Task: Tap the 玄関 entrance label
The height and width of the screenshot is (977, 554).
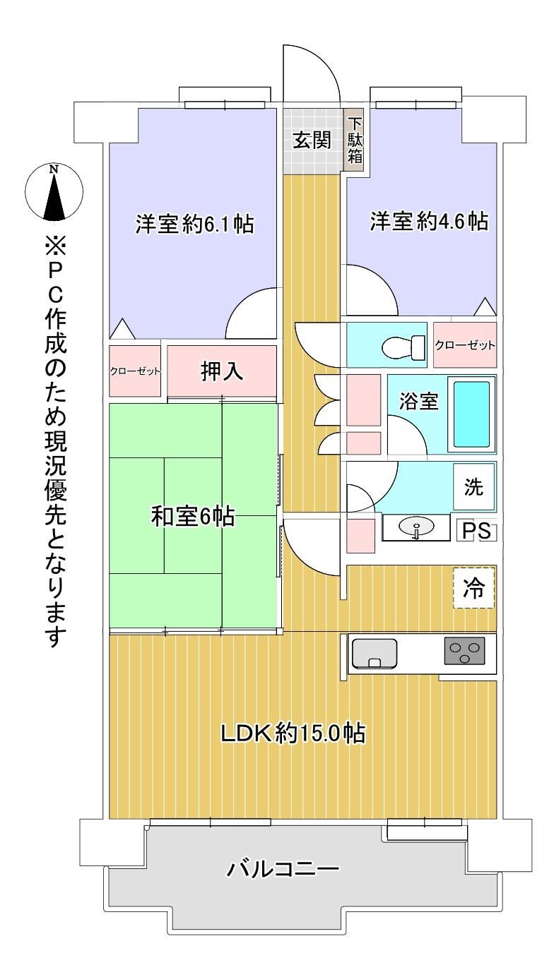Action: [311, 140]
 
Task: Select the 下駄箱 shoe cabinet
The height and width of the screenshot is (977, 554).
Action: [355, 140]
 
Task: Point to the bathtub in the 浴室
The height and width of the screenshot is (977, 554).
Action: [471, 414]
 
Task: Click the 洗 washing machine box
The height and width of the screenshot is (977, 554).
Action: [474, 486]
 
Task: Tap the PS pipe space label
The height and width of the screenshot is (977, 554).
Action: [476, 531]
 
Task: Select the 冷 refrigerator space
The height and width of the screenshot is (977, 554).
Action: [473, 588]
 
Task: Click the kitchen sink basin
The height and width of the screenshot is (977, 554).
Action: [374, 654]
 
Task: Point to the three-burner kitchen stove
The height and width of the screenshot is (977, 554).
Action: [464, 651]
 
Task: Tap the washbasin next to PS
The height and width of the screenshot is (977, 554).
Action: [416, 528]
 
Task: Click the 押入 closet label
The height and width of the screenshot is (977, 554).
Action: [222, 371]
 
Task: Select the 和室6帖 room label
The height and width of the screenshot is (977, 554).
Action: [193, 517]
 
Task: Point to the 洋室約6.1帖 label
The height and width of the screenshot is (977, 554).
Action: [195, 224]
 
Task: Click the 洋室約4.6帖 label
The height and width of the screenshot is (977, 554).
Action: [429, 221]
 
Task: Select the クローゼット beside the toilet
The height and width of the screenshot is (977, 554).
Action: [465, 345]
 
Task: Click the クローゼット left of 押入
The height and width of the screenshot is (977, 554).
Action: [135, 371]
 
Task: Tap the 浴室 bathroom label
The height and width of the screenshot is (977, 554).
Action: [418, 401]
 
